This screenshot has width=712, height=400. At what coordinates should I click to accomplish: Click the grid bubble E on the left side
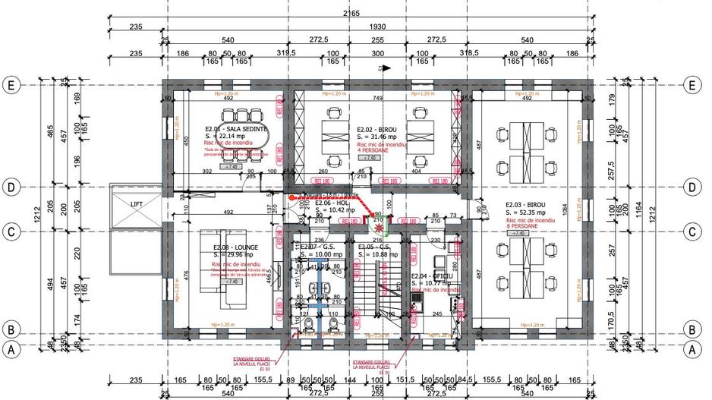[11, 84]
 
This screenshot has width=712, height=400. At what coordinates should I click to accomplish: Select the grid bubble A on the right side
[692, 350]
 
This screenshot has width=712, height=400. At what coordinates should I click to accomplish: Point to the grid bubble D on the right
[692, 187]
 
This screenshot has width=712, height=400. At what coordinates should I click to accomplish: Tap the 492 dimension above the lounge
[225, 214]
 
